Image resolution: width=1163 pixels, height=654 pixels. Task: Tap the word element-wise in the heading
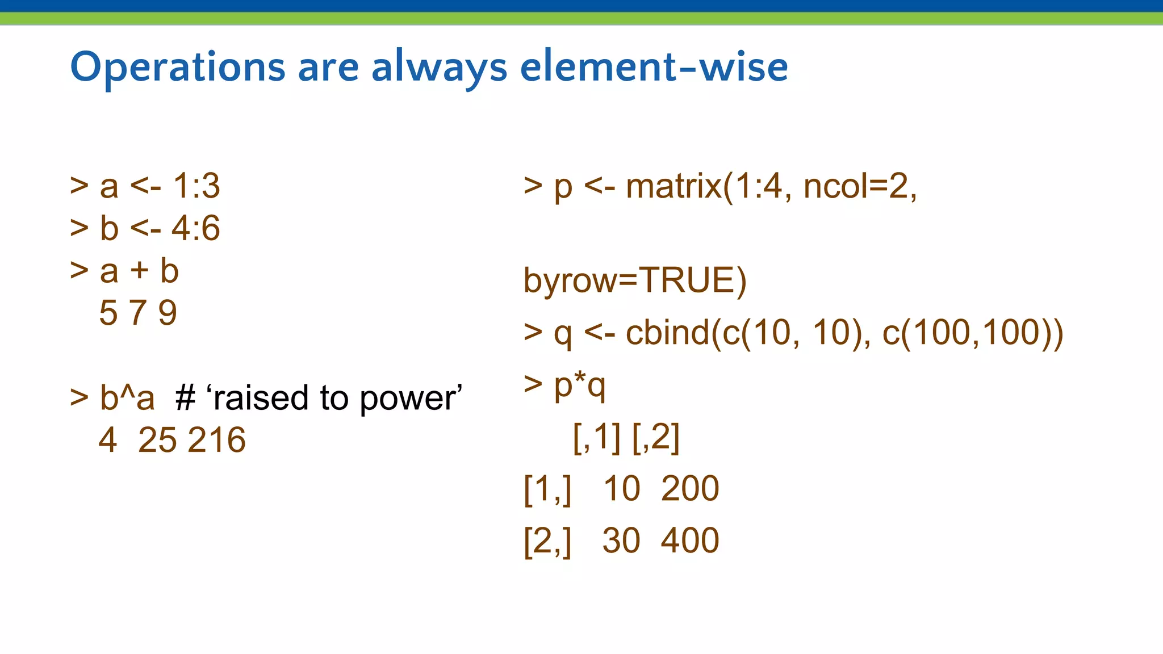(654, 67)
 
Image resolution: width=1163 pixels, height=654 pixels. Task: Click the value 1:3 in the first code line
(196, 186)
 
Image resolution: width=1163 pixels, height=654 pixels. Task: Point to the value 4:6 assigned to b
(195, 228)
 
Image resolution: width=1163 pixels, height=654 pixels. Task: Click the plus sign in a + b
(139, 270)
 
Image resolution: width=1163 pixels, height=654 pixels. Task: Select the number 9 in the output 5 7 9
(168, 313)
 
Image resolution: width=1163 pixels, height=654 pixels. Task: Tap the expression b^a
(127, 397)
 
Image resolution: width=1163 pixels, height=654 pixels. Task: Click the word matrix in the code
(673, 186)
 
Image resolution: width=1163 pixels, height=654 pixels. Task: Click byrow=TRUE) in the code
(635, 280)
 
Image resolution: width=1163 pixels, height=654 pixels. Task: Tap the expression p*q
(580, 386)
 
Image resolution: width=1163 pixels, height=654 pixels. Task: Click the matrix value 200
(690, 489)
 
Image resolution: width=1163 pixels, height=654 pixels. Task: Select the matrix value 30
(621, 540)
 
